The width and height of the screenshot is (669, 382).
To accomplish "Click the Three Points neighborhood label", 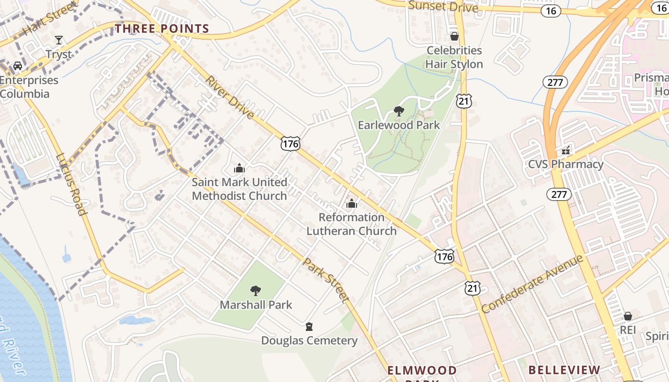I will [x=162, y=29].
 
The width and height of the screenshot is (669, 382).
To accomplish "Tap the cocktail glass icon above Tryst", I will [x=59, y=40].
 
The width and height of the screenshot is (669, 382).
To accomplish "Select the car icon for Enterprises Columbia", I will [x=18, y=65].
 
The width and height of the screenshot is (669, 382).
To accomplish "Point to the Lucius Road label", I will [x=72, y=184].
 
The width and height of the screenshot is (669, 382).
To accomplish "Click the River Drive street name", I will [x=230, y=97].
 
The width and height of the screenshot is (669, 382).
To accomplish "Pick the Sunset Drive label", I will [x=443, y=6].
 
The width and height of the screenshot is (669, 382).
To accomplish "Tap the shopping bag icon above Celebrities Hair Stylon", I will [x=454, y=36].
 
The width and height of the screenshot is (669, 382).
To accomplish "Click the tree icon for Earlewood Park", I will [x=399, y=111].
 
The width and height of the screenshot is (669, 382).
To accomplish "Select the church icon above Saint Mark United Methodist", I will [x=239, y=168].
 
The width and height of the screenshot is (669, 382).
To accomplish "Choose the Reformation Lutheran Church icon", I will [x=352, y=203].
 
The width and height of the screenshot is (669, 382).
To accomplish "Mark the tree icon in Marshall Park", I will [x=256, y=290].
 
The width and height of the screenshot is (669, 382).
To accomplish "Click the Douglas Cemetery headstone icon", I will [x=309, y=327].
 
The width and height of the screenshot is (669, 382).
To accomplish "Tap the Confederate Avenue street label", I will [x=532, y=284].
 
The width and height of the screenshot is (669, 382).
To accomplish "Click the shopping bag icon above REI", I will [x=627, y=316].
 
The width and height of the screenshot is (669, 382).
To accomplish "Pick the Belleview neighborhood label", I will [x=564, y=370].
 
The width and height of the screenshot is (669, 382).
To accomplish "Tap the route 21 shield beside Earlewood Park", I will [x=464, y=100].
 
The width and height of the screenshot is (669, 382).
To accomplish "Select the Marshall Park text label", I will [x=256, y=305].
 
